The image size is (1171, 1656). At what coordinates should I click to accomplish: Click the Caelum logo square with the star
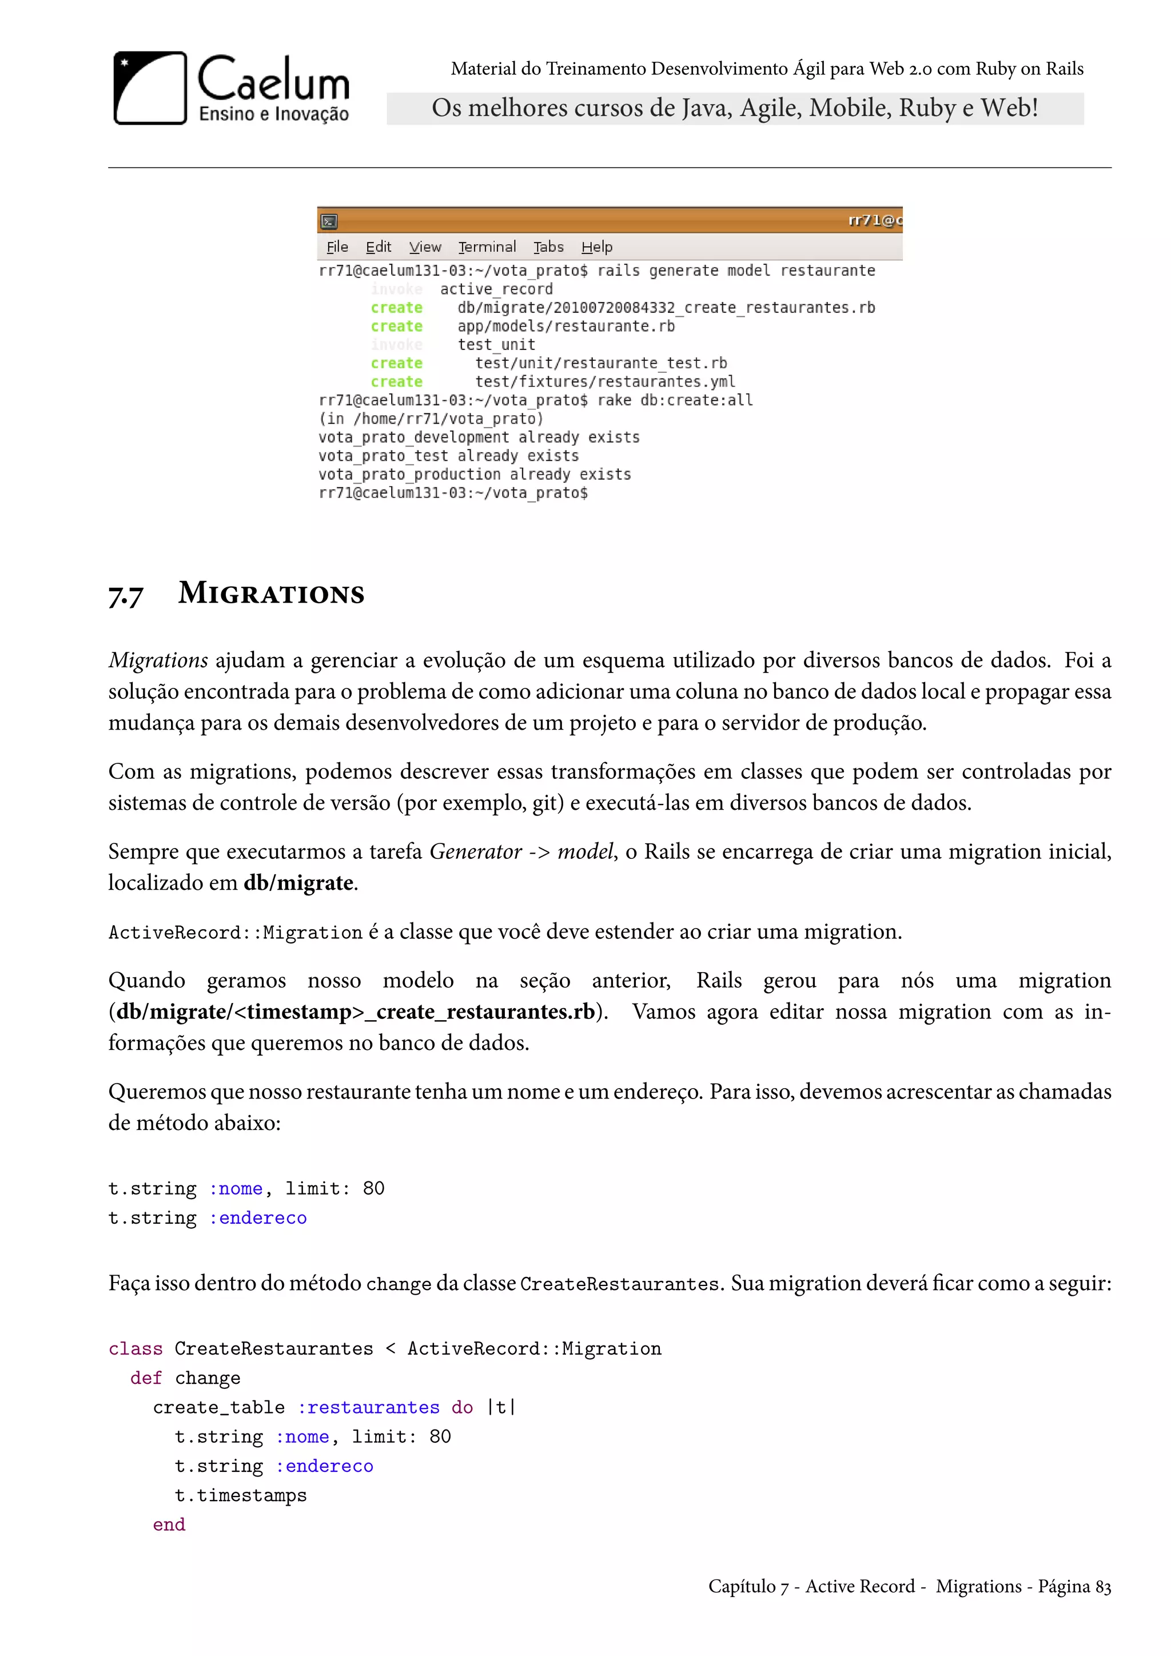pos(150,87)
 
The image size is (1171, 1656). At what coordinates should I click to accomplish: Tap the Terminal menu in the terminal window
pos(487,246)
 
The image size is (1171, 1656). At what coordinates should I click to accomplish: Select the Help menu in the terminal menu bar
pos(596,246)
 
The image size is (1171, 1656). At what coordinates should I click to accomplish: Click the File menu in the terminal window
pos(337,246)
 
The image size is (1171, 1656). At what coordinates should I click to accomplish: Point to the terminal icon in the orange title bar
pos(329,221)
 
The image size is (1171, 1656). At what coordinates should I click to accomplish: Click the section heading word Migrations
pos(271,593)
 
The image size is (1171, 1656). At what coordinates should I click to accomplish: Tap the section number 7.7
pos(125,596)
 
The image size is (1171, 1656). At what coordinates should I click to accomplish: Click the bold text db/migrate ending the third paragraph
pos(298,883)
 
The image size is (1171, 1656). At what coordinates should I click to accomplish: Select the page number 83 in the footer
pos(1102,1586)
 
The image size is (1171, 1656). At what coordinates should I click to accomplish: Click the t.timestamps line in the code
pos(240,1495)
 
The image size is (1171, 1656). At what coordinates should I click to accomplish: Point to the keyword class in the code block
pos(136,1349)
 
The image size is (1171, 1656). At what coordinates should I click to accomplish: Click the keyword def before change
pos(146,1378)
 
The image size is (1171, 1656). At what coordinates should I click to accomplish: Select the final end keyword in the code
pos(169,1524)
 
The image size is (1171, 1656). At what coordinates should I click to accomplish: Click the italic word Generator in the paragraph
pos(475,852)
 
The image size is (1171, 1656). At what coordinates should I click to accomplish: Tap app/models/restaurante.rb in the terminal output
pos(566,326)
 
